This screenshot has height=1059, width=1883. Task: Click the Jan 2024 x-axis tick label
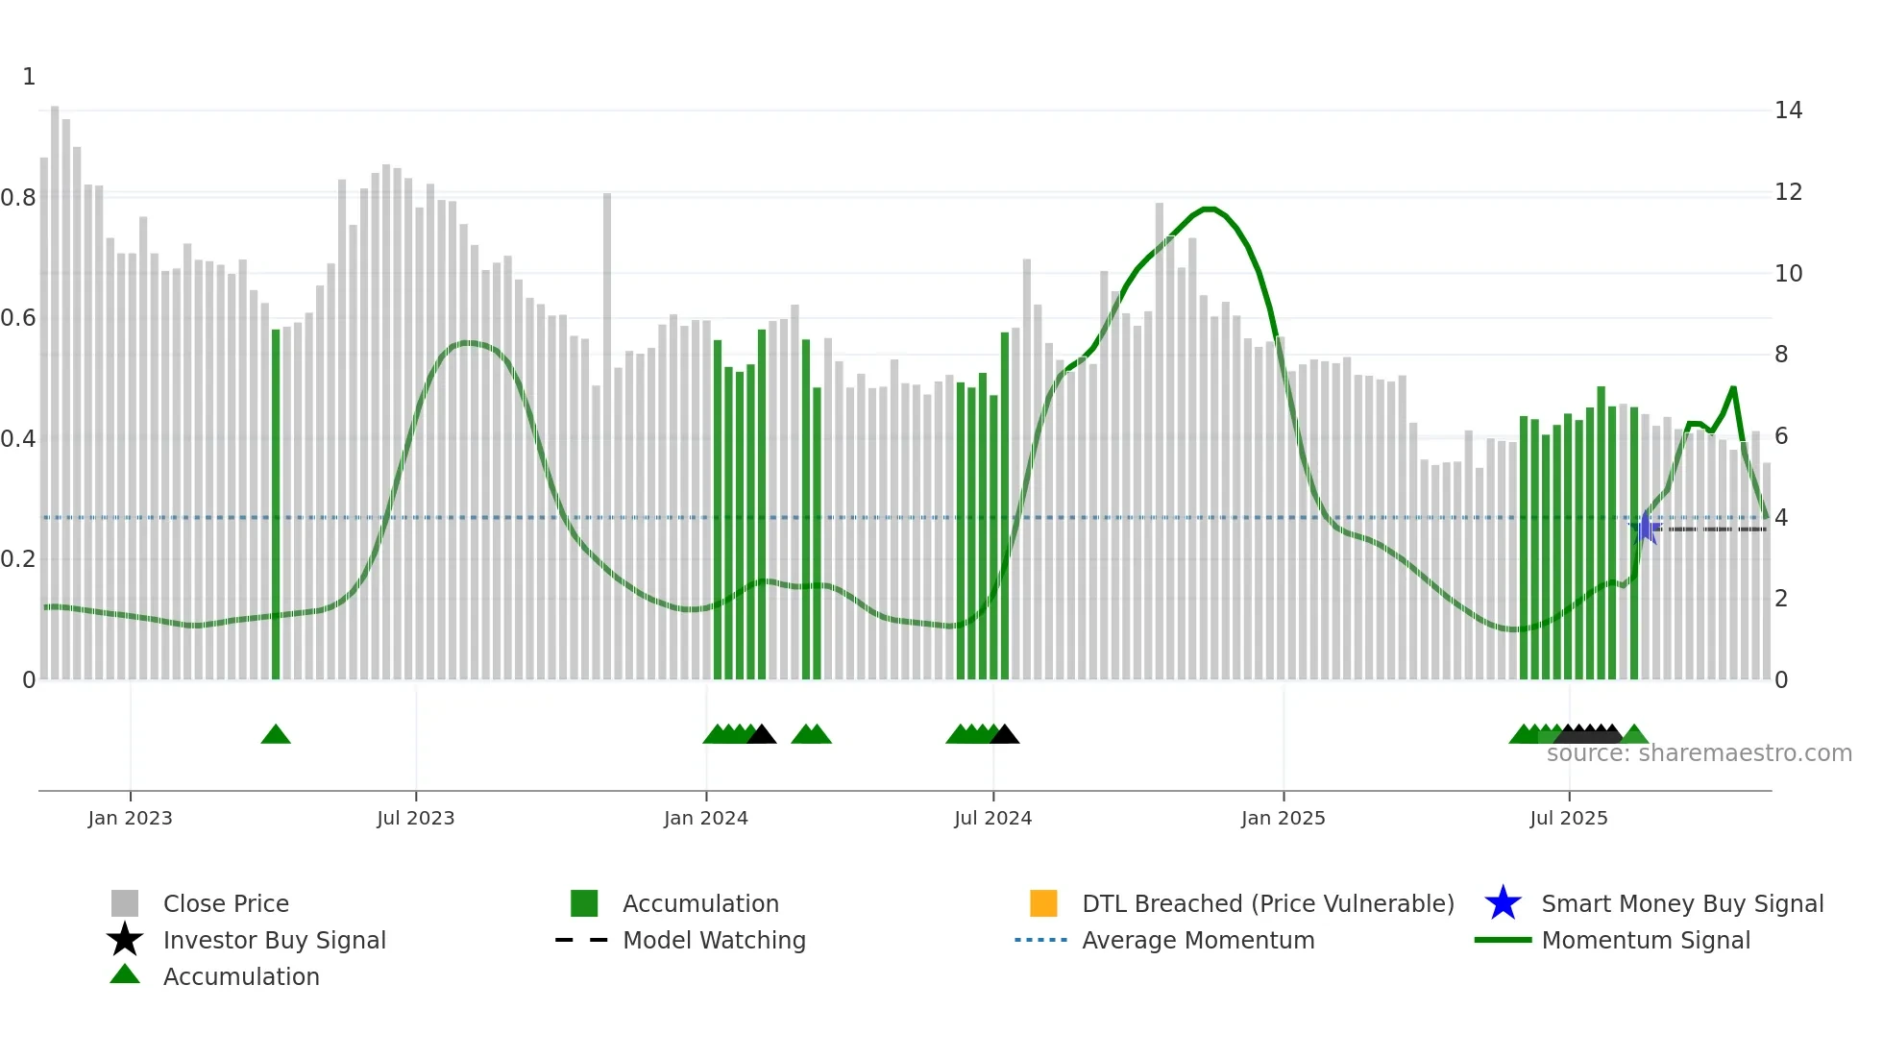click(x=705, y=818)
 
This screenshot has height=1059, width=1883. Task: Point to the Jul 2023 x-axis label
click(x=415, y=818)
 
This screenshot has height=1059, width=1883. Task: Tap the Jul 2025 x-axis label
click(x=1568, y=818)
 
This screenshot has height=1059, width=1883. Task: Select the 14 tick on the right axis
click(x=1788, y=111)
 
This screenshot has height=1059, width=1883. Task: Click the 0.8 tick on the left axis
click(x=19, y=198)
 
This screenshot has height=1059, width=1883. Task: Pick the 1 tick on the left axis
click(x=29, y=77)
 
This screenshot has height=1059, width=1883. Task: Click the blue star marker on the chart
click(x=1645, y=528)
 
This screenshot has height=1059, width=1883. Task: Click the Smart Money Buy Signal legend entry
click(x=1681, y=903)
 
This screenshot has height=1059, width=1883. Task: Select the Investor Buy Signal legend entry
click(x=274, y=940)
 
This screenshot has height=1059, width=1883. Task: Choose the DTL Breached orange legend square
click(x=1043, y=903)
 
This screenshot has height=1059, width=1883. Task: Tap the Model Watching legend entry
click(x=713, y=940)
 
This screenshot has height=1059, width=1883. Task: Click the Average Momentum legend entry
click(x=1197, y=940)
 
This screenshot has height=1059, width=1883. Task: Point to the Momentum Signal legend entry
click(x=1645, y=940)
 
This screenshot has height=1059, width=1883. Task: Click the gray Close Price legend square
click(x=125, y=903)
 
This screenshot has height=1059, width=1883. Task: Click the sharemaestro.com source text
click(x=1699, y=753)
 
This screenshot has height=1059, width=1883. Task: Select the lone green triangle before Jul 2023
click(x=276, y=735)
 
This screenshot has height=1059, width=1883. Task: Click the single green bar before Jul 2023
click(x=276, y=505)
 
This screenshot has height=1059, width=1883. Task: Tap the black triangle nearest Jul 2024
click(x=1004, y=735)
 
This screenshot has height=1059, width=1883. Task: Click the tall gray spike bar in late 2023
click(x=607, y=432)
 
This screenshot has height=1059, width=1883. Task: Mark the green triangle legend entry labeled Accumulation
click(x=240, y=976)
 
